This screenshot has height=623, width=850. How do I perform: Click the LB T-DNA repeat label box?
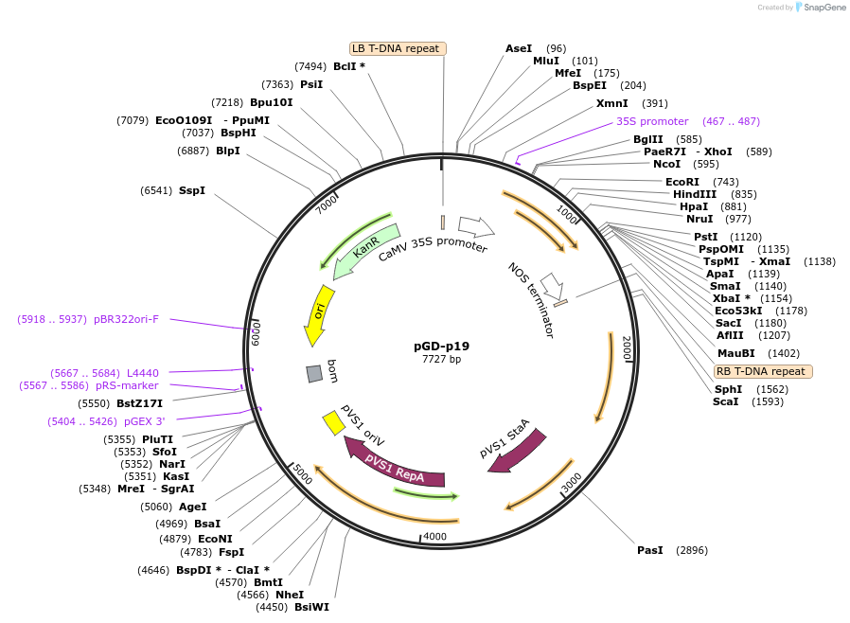point(398,48)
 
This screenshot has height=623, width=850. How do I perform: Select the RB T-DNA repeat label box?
point(761,371)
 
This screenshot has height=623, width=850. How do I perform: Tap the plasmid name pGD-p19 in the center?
point(441,346)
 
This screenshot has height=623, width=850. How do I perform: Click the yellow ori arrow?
point(319,314)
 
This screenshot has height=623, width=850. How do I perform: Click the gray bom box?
point(314,374)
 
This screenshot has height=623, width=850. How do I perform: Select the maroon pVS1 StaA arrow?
point(516,450)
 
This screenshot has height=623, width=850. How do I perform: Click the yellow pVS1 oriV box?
point(333,422)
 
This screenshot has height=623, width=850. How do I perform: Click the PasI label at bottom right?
point(650,550)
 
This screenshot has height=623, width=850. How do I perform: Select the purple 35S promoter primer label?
point(652,121)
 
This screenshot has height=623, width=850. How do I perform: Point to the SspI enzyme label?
point(192,190)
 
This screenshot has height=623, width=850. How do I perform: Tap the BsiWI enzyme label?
point(311,607)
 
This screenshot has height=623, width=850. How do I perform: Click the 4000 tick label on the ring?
point(434,537)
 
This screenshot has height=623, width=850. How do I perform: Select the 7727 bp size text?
point(441,360)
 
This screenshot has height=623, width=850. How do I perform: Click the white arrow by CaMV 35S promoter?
point(476,226)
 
